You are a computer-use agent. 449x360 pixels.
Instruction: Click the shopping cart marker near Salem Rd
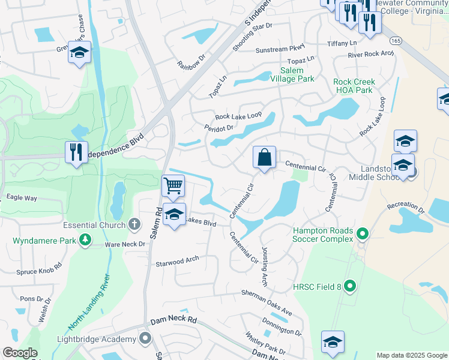click(x=173, y=185)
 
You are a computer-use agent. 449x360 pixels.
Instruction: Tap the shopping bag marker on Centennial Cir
click(x=264, y=158)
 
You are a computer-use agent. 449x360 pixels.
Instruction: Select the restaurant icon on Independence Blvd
click(x=77, y=152)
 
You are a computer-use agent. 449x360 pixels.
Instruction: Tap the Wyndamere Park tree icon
click(x=86, y=241)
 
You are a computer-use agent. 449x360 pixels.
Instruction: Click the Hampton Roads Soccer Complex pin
click(x=362, y=233)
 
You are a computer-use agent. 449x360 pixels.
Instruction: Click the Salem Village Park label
click(x=292, y=74)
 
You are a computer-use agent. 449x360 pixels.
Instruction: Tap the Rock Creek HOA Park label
click(x=355, y=86)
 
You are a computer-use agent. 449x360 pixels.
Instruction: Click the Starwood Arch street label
click(x=176, y=262)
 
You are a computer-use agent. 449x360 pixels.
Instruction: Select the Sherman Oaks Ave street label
click(x=267, y=302)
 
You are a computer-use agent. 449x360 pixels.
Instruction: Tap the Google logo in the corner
click(x=20, y=353)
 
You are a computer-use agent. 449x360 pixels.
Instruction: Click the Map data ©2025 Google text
click(x=412, y=355)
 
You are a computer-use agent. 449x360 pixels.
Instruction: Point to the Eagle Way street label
click(x=22, y=197)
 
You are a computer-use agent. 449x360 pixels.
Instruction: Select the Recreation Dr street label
click(x=406, y=208)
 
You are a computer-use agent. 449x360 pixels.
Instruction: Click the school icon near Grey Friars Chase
click(x=79, y=52)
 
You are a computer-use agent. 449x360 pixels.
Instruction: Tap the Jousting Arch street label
click(x=264, y=266)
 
